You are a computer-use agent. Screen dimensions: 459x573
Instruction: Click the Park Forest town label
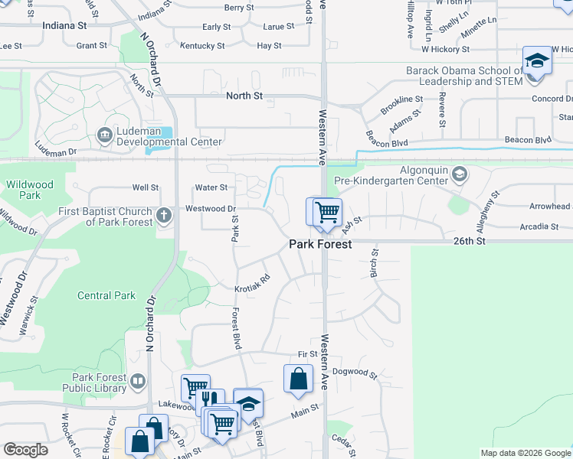320,245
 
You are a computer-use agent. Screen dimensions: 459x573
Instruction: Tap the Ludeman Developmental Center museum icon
104,135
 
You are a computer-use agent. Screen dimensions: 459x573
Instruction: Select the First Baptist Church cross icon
163,216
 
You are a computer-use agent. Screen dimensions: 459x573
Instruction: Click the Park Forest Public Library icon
138,380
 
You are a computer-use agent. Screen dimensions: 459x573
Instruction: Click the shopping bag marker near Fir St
298,379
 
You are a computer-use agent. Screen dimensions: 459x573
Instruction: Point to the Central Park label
106,295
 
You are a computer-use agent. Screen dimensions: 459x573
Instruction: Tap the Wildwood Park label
30,190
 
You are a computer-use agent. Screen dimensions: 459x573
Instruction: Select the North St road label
244,96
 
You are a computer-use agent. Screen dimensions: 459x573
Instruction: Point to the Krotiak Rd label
252,283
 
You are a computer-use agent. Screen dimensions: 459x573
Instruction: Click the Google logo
25,450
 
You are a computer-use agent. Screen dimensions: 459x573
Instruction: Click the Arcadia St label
539,226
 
